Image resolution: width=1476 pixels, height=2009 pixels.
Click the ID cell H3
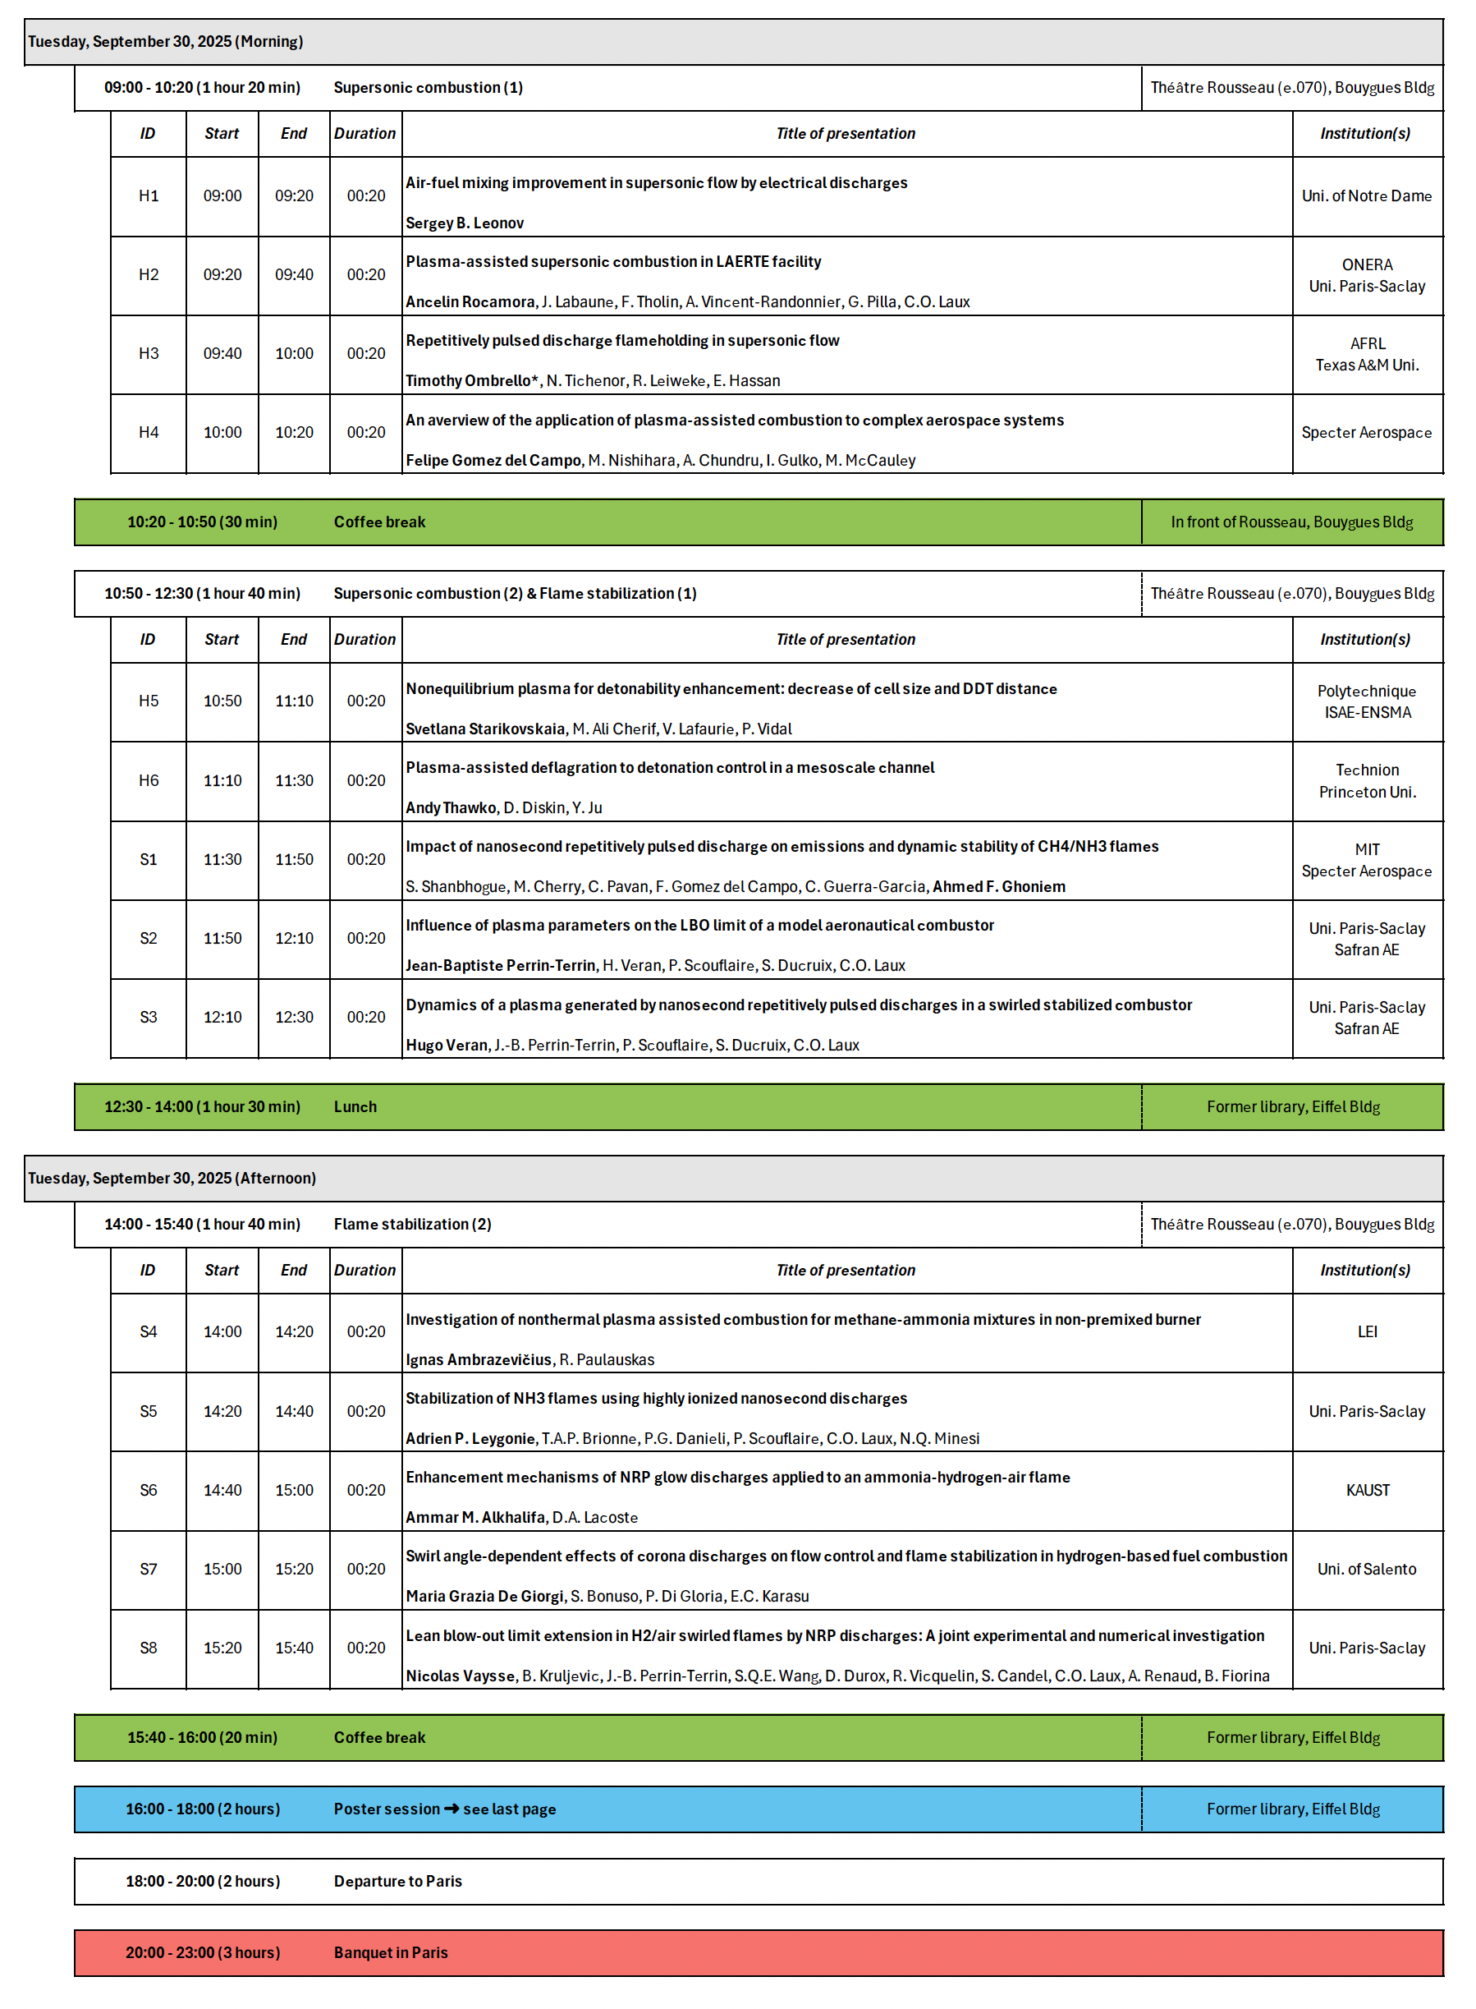tap(149, 354)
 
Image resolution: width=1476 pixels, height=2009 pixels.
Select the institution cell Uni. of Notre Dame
tap(1366, 196)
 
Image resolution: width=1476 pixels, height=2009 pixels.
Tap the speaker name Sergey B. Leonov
tap(465, 223)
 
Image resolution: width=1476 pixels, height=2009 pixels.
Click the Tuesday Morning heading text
tap(165, 42)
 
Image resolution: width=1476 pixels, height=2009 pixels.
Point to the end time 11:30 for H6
tap(294, 781)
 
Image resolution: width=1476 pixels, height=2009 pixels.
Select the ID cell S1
tap(149, 860)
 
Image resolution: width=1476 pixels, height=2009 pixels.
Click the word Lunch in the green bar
tap(355, 1107)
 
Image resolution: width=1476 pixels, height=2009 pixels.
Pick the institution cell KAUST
tap(1367, 1491)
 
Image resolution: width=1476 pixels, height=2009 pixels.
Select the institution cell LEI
tap(1367, 1332)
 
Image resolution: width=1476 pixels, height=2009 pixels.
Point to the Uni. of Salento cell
tap(1366, 1570)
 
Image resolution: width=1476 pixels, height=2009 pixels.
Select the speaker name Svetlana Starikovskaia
tap(485, 729)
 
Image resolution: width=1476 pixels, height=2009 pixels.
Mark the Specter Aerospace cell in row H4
tap(1366, 434)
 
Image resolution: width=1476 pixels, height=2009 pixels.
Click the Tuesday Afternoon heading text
tap(172, 1179)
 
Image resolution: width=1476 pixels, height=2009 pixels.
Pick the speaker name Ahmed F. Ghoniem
tap(999, 887)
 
